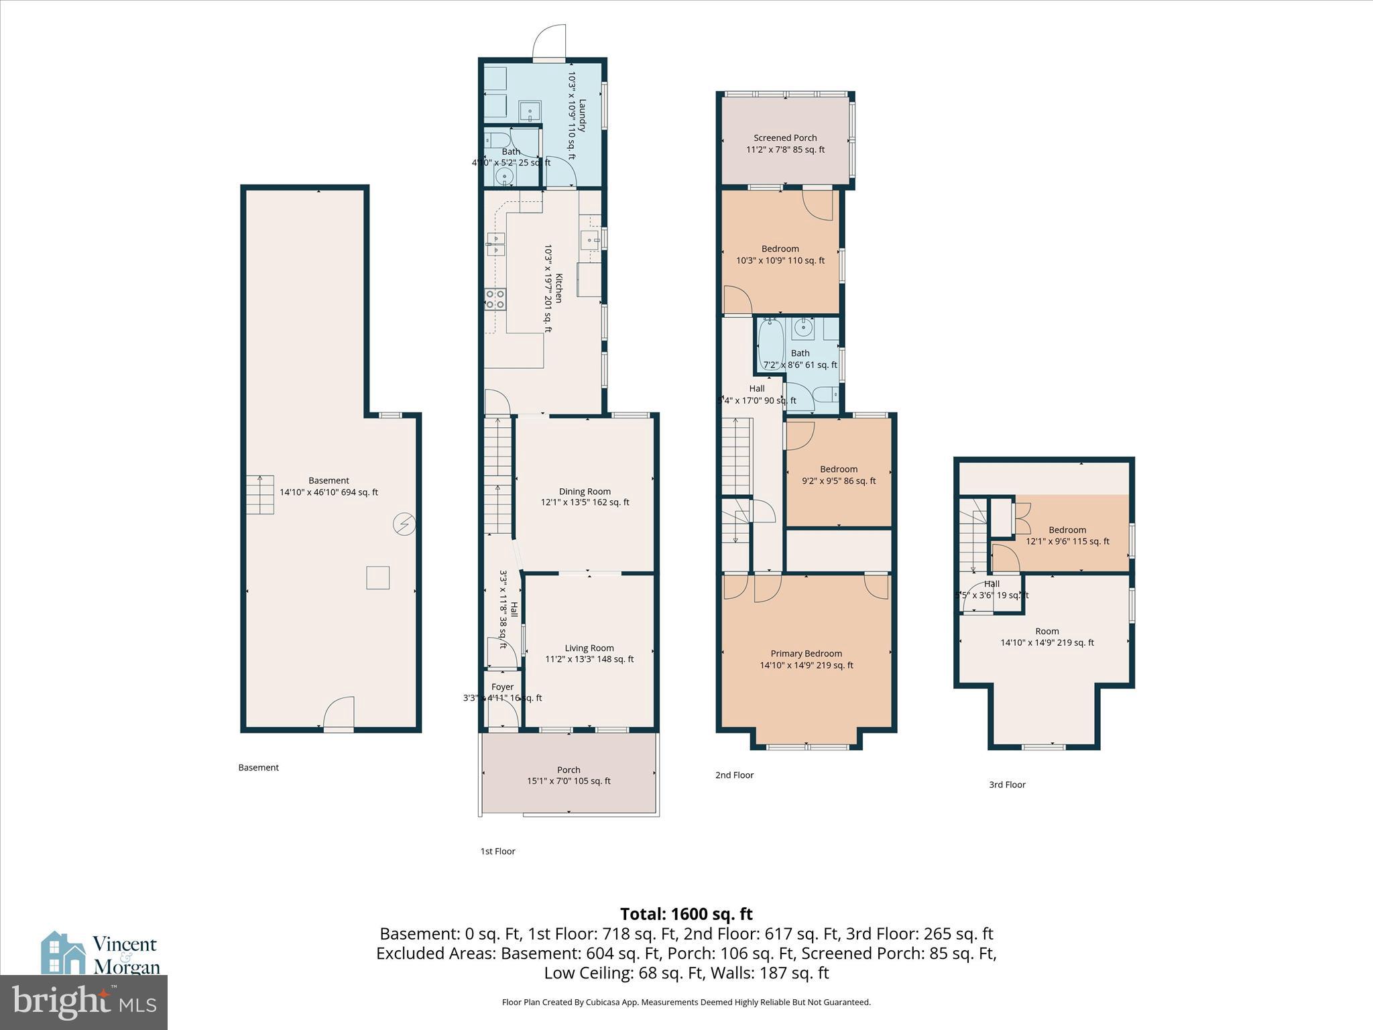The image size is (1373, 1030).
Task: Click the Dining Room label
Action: click(x=585, y=491)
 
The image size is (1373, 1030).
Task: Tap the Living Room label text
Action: click(x=589, y=648)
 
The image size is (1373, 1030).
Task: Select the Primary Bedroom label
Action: click(x=806, y=654)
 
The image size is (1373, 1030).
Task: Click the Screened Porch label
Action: click(x=785, y=138)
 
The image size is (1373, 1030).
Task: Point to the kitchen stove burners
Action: click(x=495, y=299)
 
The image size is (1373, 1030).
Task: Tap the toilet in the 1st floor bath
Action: click(x=497, y=140)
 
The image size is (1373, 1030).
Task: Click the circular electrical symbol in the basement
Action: click(x=404, y=524)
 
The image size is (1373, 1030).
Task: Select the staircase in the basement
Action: click(x=260, y=495)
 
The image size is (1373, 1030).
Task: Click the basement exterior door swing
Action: click(x=339, y=713)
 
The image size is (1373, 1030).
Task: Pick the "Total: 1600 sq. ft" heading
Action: click(x=686, y=914)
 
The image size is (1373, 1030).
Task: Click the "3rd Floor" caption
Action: click(x=1007, y=785)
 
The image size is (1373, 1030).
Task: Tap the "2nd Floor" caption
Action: click(x=734, y=775)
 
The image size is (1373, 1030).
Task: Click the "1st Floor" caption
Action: click(x=497, y=852)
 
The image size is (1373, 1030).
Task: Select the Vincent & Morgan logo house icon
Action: click(x=63, y=953)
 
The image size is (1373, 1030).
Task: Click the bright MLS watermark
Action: click(x=84, y=1002)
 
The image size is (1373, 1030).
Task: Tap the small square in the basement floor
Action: click(x=378, y=577)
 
